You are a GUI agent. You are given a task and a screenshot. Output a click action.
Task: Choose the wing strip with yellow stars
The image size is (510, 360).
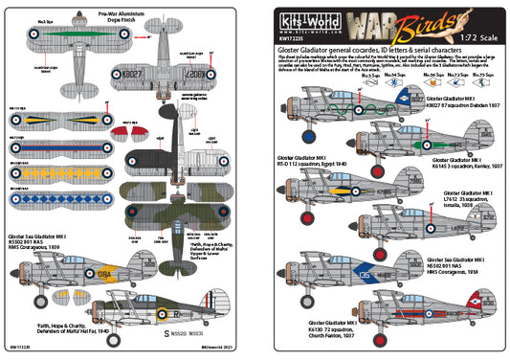[57, 174]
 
